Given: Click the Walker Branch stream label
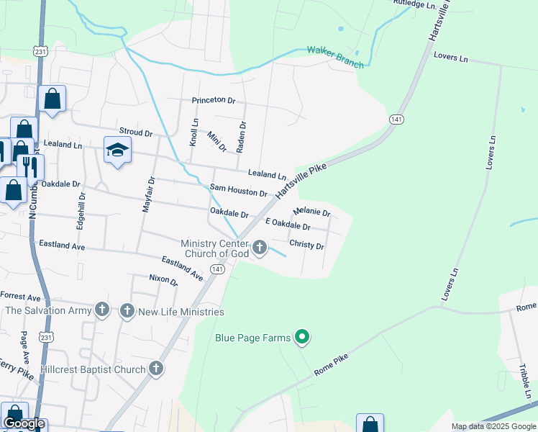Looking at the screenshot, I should point(335,57).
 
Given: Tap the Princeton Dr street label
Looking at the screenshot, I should point(214,101).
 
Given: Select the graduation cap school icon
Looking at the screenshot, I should point(117,150).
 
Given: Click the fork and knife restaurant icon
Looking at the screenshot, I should point(30,166).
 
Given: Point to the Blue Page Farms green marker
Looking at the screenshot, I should point(303,337).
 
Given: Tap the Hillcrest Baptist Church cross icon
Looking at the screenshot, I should point(156,369).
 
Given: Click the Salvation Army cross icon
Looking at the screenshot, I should point(102,311).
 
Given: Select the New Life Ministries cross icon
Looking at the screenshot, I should point(127,311).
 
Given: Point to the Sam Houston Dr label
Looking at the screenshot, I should point(238,191).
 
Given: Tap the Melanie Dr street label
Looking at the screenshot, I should point(311,212).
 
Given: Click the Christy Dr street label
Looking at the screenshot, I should point(306,245).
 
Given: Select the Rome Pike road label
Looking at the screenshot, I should point(331,365).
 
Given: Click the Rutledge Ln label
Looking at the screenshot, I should point(416,4).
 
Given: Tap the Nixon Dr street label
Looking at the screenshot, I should point(163,279).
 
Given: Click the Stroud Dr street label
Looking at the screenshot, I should point(136,133).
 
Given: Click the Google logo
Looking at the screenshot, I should point(24,423).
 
